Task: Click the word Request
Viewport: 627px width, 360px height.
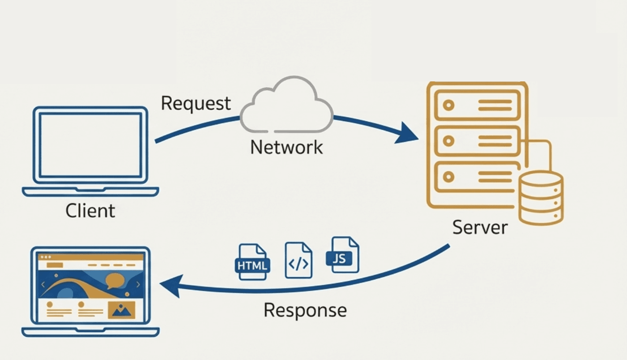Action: (x=196, y=103)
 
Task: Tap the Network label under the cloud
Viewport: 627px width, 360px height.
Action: (x=286, y=147)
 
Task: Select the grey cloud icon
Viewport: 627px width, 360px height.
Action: (x=287, y=106)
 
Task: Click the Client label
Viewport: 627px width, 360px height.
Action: (x=90, y=211)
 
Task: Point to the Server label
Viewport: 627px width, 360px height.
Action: (x=480, y=227)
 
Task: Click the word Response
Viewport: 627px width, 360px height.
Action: (x=305, y=310)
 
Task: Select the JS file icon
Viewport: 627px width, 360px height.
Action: (x=345, y=256)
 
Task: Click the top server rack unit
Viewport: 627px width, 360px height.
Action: (x=477, y=106)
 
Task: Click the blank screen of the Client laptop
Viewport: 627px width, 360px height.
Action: (x=90, y=145)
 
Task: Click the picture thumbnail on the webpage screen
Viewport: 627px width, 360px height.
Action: (x=121, y=309)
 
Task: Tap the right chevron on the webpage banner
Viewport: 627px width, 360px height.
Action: (x=138, y=284)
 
